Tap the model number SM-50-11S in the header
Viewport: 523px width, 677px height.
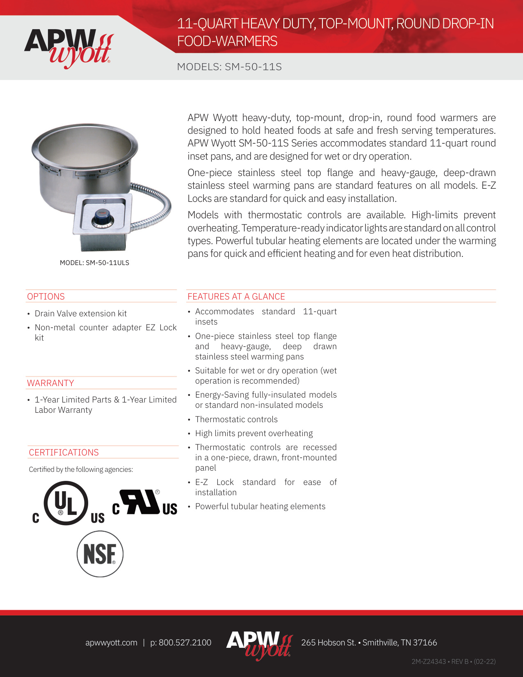point(253,67)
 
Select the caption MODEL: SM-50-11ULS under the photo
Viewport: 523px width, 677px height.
point(94,263)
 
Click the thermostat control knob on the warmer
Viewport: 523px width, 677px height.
point(100,217)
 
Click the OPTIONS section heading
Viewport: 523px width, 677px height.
point(46,296)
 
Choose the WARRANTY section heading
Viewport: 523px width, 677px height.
point(50,383)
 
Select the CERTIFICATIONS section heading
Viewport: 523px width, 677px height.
point(64,452)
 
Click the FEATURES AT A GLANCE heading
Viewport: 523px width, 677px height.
point(236,296)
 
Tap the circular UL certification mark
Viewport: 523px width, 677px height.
point(66,503)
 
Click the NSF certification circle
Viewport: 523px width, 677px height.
point(100,553)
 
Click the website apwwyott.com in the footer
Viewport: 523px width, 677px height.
point(111,643)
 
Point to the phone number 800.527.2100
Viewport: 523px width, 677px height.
point(185,643)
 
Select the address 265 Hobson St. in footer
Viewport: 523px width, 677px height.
point(328,643)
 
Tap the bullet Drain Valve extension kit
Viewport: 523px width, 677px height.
point(81,313)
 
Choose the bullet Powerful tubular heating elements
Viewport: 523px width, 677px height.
point(260,506)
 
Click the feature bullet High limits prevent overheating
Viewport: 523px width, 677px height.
point(254,433)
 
